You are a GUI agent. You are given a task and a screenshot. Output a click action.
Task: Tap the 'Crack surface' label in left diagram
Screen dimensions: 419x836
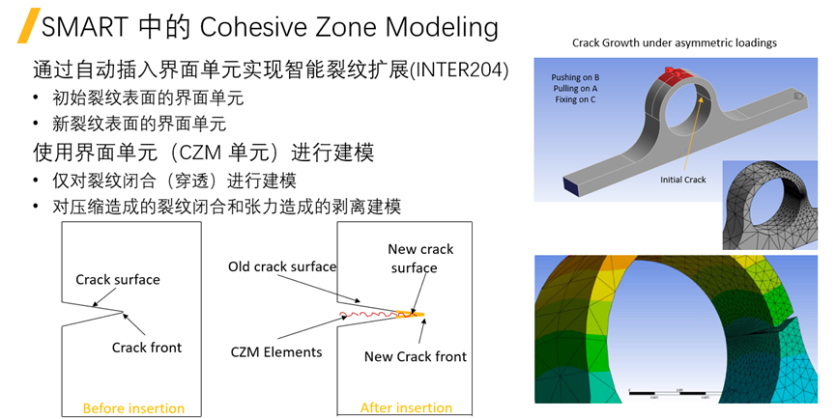click(x=118, y=280)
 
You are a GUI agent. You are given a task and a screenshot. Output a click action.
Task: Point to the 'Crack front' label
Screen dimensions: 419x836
click(x=146, y=348)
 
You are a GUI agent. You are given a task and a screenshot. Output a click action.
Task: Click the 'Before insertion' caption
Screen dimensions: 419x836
click(x=133, y=407)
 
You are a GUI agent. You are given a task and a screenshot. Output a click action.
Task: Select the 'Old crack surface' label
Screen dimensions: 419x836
click(x=282, y=266)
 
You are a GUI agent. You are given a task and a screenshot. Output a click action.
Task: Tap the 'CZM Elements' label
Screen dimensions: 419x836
click(x=275, y=352)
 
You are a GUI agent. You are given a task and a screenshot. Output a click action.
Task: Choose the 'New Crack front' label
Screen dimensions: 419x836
click(x=415, y=356)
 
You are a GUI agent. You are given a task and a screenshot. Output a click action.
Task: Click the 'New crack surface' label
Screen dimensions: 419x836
click(x=420, y=258)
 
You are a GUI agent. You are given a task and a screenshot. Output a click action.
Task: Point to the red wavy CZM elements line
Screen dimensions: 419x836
click(x=372, y=313)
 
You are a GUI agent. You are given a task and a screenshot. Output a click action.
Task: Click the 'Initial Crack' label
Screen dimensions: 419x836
click(x=683, y=180)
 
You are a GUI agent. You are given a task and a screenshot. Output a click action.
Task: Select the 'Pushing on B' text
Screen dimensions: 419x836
click(x=576, y=76)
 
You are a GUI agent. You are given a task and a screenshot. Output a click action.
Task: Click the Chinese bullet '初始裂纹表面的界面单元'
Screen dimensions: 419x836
click(x=137, y=98)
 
